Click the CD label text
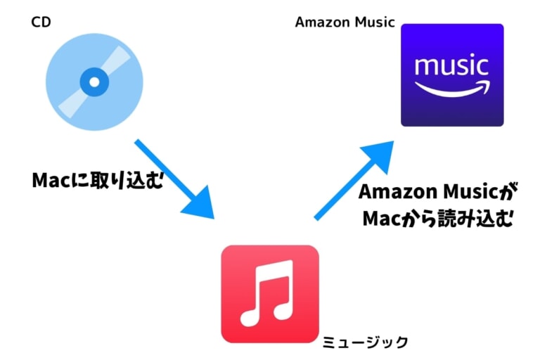coord(41,22)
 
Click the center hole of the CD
coord(94,82)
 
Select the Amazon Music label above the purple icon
coord(345,22)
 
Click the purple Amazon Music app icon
coord(451,75)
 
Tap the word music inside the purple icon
coord(451,67)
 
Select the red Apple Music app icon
coord(269,294)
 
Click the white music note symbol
coord(268,294)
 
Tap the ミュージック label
coord(365,342)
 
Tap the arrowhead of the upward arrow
coord(380,151)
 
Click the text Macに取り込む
coord(97,180)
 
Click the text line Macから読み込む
coord(436,219)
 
